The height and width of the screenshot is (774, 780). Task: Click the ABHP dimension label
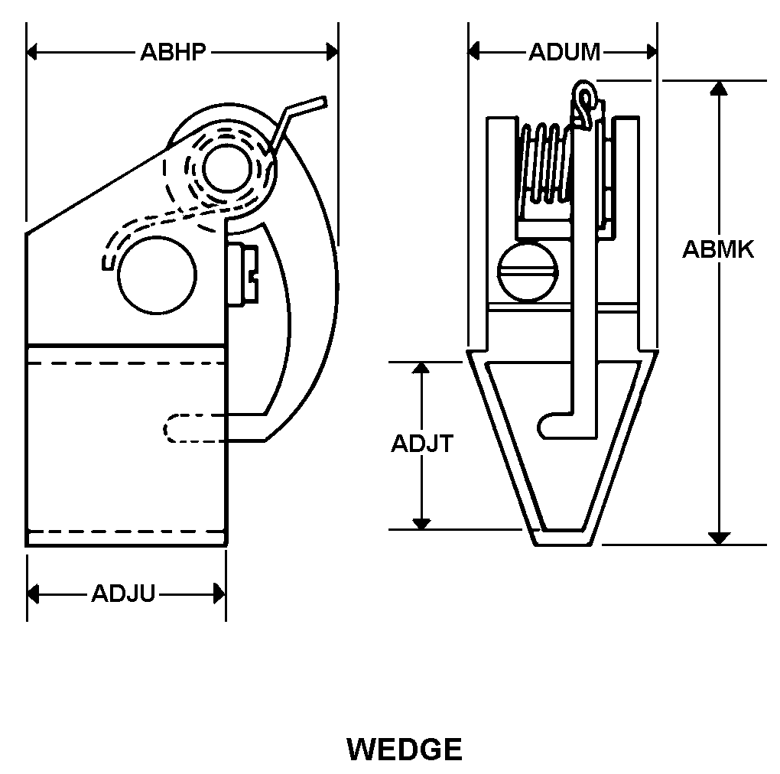173,52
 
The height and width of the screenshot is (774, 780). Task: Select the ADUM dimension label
564,52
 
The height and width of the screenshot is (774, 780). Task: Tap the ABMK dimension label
717,249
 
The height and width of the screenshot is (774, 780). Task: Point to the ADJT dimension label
422,444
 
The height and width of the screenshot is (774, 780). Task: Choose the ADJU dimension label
123,594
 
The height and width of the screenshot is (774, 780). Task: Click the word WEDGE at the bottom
405,749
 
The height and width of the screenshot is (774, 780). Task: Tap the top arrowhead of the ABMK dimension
718,88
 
